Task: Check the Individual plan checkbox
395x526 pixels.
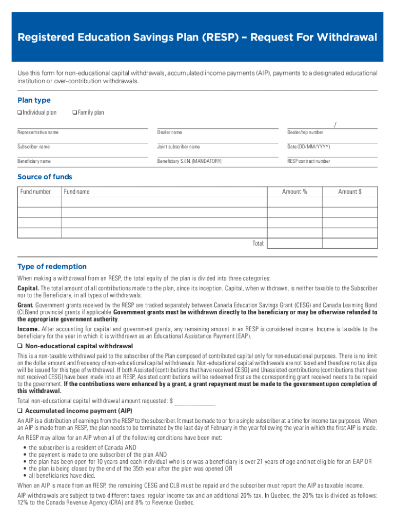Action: pos(19,112)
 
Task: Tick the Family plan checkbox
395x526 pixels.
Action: pos(75,112)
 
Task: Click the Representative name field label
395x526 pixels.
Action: pos(38,133)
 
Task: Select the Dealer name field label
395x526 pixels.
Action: pos(169,133)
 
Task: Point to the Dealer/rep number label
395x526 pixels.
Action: pos(305,133)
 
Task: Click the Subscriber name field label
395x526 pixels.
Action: pos(34,147)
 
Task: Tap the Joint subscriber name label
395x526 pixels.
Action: pos(179,147)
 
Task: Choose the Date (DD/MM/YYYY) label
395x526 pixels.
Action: pos(309,147)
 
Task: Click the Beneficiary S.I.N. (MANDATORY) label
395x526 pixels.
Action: pos(189,161)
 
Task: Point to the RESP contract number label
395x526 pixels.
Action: pos(309,161)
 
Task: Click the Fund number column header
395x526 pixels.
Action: pos(36,192)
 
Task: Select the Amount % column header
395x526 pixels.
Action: pos(294,192)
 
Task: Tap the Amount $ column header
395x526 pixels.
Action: pos(350,192)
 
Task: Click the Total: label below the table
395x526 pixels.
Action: pos(258,243)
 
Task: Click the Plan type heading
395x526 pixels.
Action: pos(34,100)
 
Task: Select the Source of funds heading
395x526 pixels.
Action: pos(45,177)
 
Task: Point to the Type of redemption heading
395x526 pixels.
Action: pos(52,267)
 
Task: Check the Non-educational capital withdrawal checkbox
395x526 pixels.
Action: pos(19,346)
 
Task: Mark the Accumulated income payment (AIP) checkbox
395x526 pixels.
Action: pos(19,411)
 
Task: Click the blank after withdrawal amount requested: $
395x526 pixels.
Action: pos(195,401)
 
